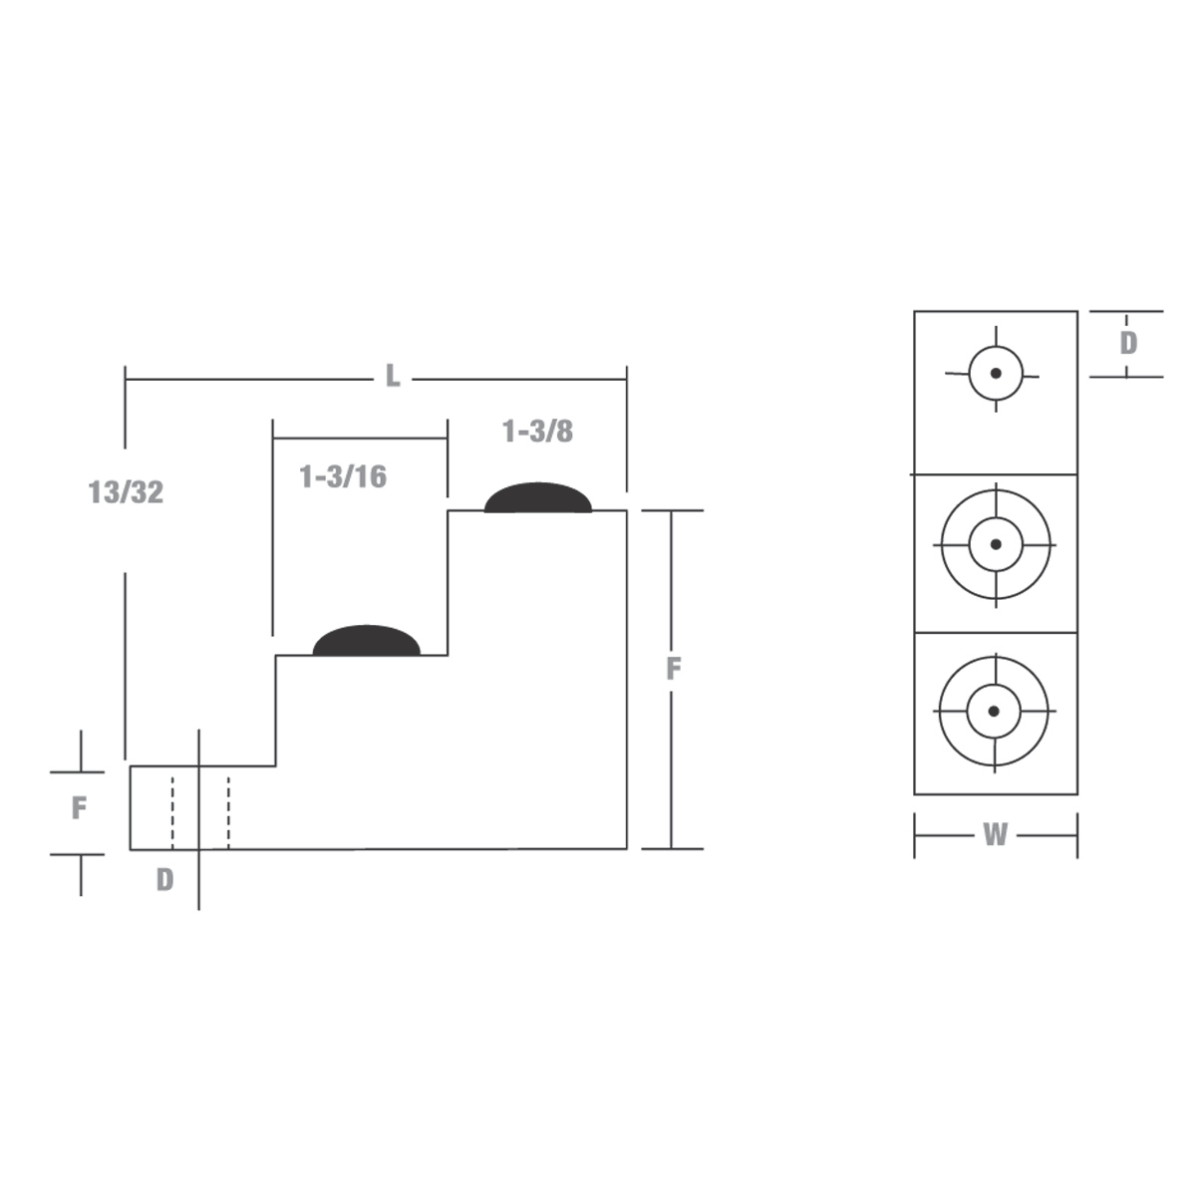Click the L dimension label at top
point(393,377)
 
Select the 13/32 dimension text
point(126,492)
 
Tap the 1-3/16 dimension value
point(343,476)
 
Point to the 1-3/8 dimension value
point(537,432)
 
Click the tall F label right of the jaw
point(673,670)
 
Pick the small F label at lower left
point(79,807)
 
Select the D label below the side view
point(164,880)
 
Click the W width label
point(995,835)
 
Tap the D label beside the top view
point(1127,343)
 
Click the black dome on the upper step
point(538,498)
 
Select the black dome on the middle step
point(367,642)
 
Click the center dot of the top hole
point(995,374)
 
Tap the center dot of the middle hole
point(995,544)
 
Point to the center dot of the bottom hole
point(994,711)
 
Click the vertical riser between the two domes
point(448,583)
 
